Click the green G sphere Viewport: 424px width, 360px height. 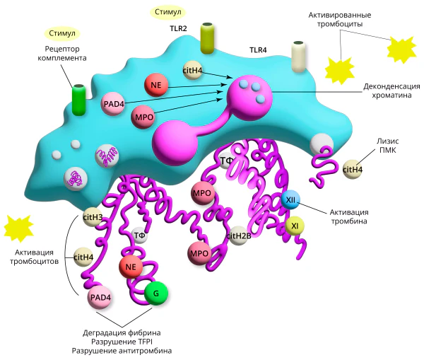point(156,294)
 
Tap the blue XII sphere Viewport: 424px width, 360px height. point(290,200)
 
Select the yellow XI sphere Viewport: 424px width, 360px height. point(295,226)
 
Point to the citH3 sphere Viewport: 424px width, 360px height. point(93,217)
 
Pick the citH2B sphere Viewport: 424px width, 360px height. point(238,236)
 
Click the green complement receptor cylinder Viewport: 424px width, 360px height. point(79,100)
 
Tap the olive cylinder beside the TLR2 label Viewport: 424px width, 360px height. point(208,38)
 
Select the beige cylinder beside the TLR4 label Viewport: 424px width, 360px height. point(298,57)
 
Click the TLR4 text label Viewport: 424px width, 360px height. point(258,50)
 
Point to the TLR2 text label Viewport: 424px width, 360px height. point(178,28)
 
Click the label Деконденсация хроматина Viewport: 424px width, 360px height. point(391,91)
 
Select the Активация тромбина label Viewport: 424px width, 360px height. point(349,216)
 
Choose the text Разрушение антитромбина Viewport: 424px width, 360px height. point(122,351)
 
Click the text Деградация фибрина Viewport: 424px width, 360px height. point(122,332)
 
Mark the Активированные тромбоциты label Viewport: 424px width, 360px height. point(340,20)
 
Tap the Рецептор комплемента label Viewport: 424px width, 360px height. point(62,53)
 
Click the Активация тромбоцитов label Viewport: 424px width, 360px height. point(35,257)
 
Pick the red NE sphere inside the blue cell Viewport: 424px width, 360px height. point(156,85)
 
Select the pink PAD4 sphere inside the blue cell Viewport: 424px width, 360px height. point(114,104)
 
